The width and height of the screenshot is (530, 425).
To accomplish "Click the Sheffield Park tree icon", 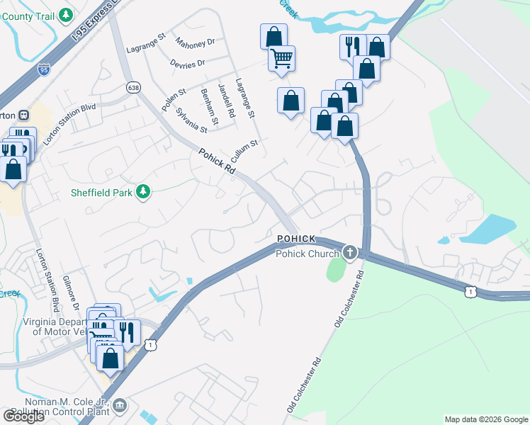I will [143, 192].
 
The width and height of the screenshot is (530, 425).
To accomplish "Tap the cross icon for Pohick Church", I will [349, 252].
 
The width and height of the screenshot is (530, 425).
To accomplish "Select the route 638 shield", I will [133, 87].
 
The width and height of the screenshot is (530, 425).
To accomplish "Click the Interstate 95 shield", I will [43, 70].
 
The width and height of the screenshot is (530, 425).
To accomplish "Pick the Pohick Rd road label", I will [216, 161].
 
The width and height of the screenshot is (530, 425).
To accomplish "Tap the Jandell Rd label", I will [226, 100].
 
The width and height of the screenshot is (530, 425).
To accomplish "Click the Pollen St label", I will [173, 99].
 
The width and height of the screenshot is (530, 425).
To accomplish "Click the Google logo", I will [23, 416].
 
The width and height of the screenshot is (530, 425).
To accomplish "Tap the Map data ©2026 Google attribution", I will [485, 419].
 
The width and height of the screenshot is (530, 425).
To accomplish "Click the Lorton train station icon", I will [23, 115].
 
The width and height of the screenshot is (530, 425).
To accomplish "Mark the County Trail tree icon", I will [66, 14].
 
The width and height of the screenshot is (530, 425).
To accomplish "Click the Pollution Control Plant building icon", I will [120, 404].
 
